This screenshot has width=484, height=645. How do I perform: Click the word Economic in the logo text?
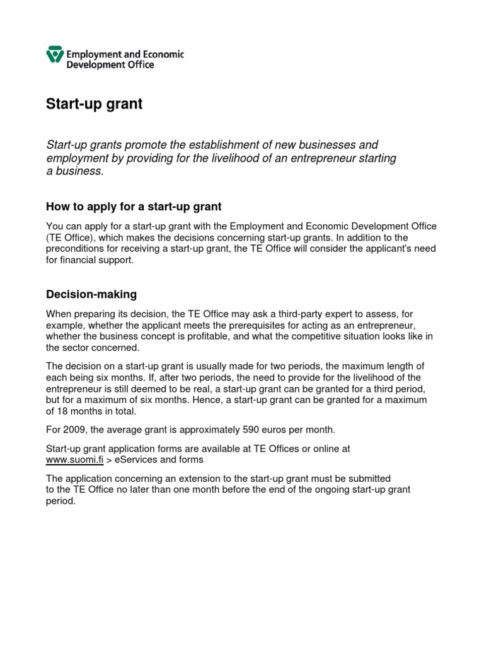tap(161, 54)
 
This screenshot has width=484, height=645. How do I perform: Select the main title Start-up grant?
tap(95, 104)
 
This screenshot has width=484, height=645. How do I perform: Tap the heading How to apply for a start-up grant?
tap(134, 207)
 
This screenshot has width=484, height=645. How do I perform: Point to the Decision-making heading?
tap(91, 294)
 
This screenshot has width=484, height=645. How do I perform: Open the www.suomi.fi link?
tap(74, 460)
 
